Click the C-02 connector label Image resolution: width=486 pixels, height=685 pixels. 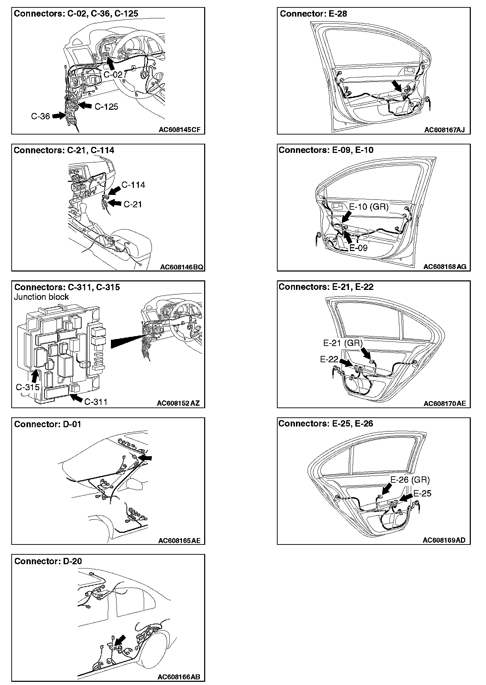[113, 75]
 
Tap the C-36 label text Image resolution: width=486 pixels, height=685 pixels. [41, 116]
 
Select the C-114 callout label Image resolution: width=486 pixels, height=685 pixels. [133, 185]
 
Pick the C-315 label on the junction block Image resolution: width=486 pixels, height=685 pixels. [28, 387]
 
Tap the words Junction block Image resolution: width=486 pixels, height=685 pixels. [41, 297]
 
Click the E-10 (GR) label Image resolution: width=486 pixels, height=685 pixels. [369, 207]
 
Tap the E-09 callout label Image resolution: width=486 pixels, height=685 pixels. [358, 248]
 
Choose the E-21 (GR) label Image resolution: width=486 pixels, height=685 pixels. [343, 343]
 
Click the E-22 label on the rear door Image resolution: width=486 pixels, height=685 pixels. [329, 359]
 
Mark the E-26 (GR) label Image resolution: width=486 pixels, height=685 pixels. [410, 480]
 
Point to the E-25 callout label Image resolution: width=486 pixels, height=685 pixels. [422, 493]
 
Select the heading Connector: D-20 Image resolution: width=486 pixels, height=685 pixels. [48, 561]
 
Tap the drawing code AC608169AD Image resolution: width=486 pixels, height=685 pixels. [444, 540]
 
